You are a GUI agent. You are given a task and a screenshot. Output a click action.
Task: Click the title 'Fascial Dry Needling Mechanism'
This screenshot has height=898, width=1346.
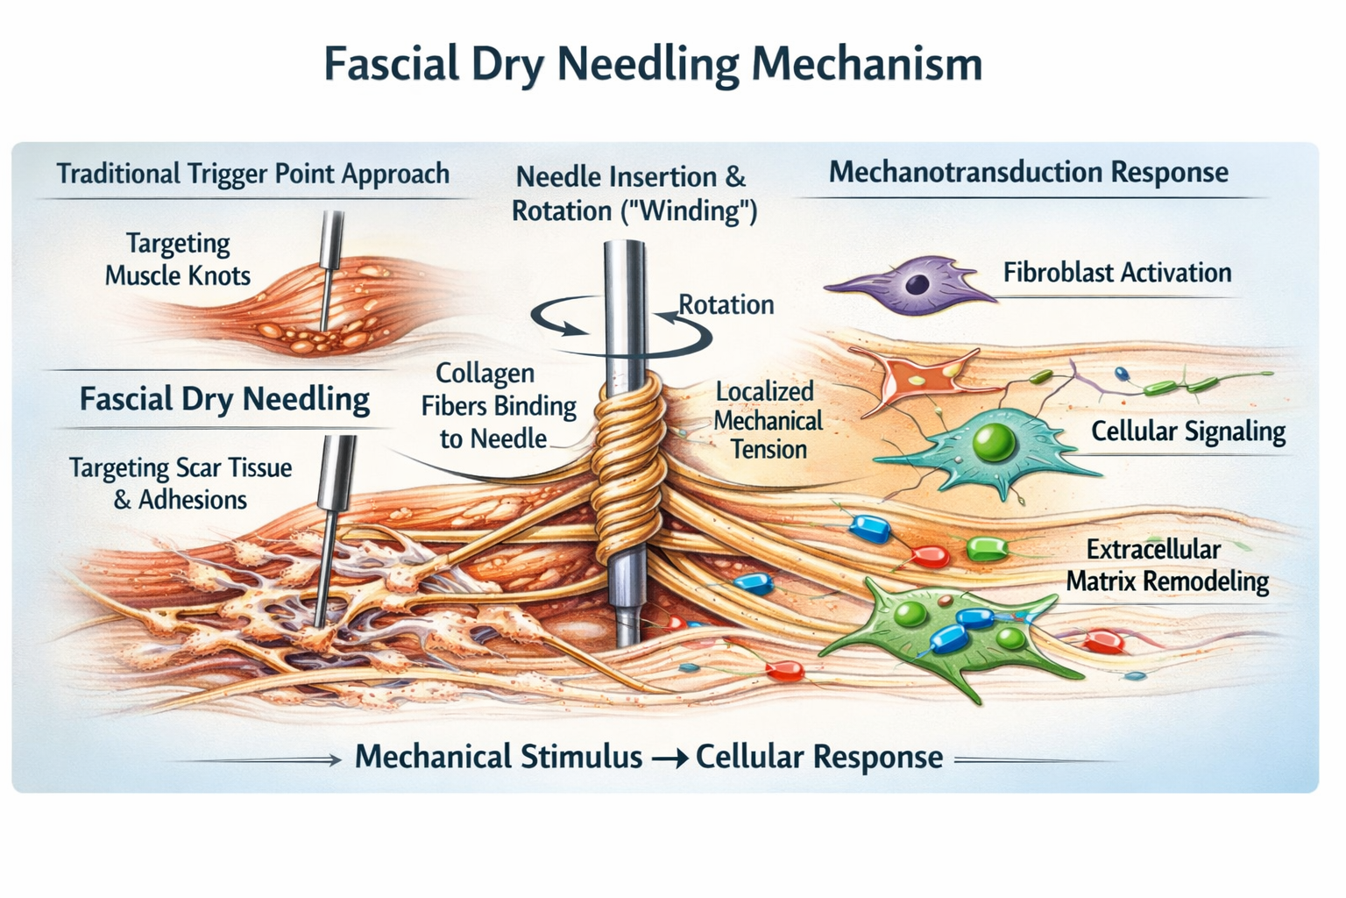(x=653, y=64)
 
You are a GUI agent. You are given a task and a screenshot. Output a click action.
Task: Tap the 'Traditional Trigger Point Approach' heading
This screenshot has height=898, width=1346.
(x=252, y=174)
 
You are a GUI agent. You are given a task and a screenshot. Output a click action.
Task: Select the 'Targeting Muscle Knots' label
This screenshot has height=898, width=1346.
(x=178, y=259)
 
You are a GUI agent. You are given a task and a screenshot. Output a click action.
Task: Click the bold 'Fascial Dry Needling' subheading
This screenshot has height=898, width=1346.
(x=224, y=399)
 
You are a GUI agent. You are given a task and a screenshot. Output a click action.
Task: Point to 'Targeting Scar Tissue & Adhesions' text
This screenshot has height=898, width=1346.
(x=181, y=483)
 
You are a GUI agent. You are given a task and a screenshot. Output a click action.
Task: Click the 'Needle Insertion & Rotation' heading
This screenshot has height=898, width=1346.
(x=634, y=194)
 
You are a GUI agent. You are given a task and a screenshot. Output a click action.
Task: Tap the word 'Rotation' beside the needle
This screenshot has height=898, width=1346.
(x=726, y=304)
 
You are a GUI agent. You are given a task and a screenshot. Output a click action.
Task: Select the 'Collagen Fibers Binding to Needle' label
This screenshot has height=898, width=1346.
(x=498, y=405)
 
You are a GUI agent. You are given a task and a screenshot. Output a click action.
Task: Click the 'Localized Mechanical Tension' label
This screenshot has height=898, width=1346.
(x=768, y=420)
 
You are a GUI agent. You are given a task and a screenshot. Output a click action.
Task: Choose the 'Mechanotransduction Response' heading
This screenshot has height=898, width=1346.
(x=1028, y=172)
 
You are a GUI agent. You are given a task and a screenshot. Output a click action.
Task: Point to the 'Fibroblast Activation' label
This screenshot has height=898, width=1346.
(x=1117, y=273)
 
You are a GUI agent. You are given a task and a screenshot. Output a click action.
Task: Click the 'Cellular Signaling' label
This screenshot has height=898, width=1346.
(x=1187, y=431)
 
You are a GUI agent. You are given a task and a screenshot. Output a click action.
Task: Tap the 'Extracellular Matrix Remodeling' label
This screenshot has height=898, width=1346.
(x=1166, y=566)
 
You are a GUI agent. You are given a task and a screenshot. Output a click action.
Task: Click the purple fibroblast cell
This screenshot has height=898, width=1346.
(x=911, y=284)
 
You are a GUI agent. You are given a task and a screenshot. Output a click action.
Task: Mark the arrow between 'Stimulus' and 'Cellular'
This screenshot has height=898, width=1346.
(x=669, y=758)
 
